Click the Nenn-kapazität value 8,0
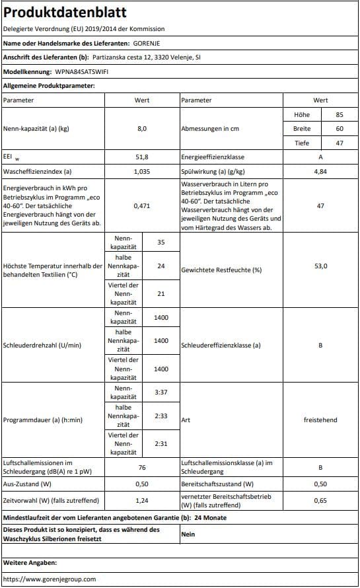click(x=142, y=128)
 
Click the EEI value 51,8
click(x=142, y=157)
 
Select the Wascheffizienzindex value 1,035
click(x=142, y=171)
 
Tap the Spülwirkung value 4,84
click(x=320, y=171)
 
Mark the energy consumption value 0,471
click(x=142, y=206)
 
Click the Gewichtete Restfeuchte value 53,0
click(x=320, y=270)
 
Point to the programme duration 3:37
click(x=161, y=392)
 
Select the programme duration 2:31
click(x=161, y=444)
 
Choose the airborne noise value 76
click(x=142, y=467)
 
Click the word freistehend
click(x=320, y=419)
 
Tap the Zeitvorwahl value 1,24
click(x=142, y=500)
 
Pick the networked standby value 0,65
click(x=320, y=500)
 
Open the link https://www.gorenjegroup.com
click(x=50, y=579)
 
